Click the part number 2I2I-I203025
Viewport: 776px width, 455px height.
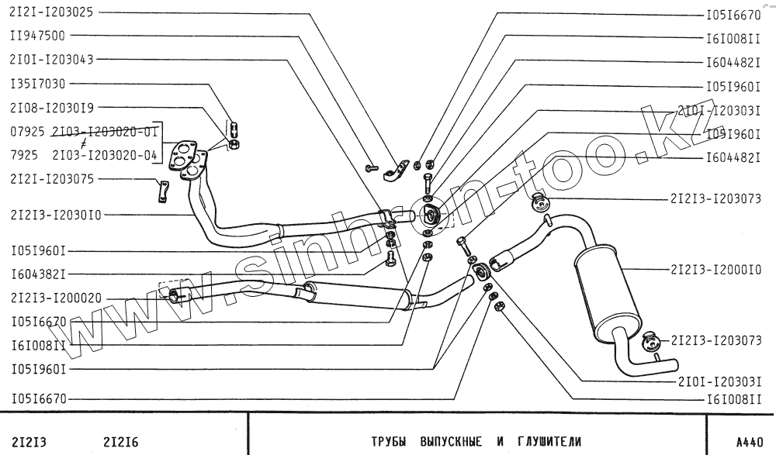tap(51, 13)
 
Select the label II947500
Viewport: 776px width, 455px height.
tap(37, 35)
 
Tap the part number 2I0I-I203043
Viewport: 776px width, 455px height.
tap(51, 59)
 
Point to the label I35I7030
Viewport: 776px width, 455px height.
tap(37, 83)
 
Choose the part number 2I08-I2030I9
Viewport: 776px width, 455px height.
tap(51, 108)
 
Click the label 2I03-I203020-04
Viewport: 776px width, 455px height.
tap(105, 156)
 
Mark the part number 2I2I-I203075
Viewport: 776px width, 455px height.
tap(51, 179)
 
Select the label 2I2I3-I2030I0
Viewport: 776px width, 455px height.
tap(55, 214)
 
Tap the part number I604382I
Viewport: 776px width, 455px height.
tap(37, 274)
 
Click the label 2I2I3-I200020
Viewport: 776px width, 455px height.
tap(55, 298)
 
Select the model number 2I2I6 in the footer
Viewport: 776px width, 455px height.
tap(120, 443)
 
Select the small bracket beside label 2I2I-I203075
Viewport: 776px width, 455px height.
tap(163, 191)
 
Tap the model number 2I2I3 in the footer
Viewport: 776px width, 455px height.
tap(28, 443)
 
